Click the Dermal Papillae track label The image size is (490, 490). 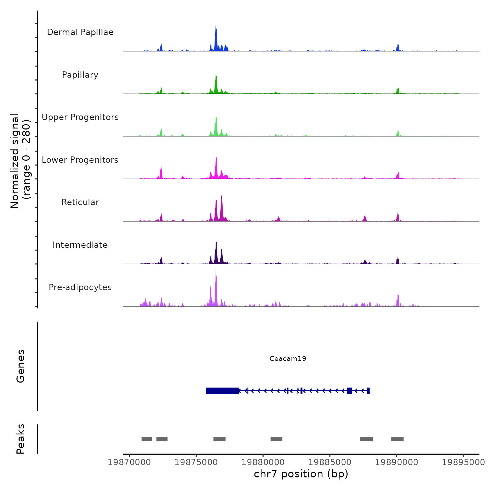click(80, 32)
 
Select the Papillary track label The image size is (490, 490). click(80, 75)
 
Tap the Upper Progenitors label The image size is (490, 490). click(80, 117)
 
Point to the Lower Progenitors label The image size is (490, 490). click(80, 160)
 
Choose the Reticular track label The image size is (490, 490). click(80, 202)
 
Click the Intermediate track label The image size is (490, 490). click(80, 245)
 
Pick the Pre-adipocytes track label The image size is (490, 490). click(80, 287)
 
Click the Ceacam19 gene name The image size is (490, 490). click(288, 358)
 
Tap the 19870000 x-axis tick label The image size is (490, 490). click(129, 462)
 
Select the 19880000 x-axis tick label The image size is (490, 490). click(263, 462)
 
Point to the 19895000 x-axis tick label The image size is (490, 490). click(463, 462)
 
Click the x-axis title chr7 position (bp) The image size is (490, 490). click(301, 474)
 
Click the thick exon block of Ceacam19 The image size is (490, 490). click(222, 391)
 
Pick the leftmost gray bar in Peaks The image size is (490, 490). click(147, 439)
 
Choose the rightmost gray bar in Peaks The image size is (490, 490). click(397, 439)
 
